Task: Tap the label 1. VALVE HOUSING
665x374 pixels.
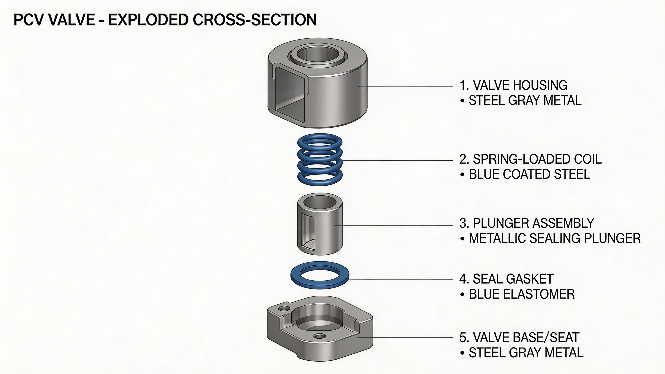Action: click(x=513, y=85)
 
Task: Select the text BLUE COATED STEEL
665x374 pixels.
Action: click(x=529, y=174)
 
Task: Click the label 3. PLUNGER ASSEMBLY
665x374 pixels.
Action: click(x=527, y=223)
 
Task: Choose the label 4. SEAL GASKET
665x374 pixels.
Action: click(x=506, y=279)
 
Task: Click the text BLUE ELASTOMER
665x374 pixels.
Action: click(x=521, y=294)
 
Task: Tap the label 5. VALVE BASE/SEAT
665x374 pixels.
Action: click(x=519, y=338)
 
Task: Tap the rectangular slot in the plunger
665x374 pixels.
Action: click(x=308, y=233)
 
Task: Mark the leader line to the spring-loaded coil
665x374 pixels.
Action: click(x=398, y=161)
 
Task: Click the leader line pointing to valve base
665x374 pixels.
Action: click(x=405, y=337)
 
